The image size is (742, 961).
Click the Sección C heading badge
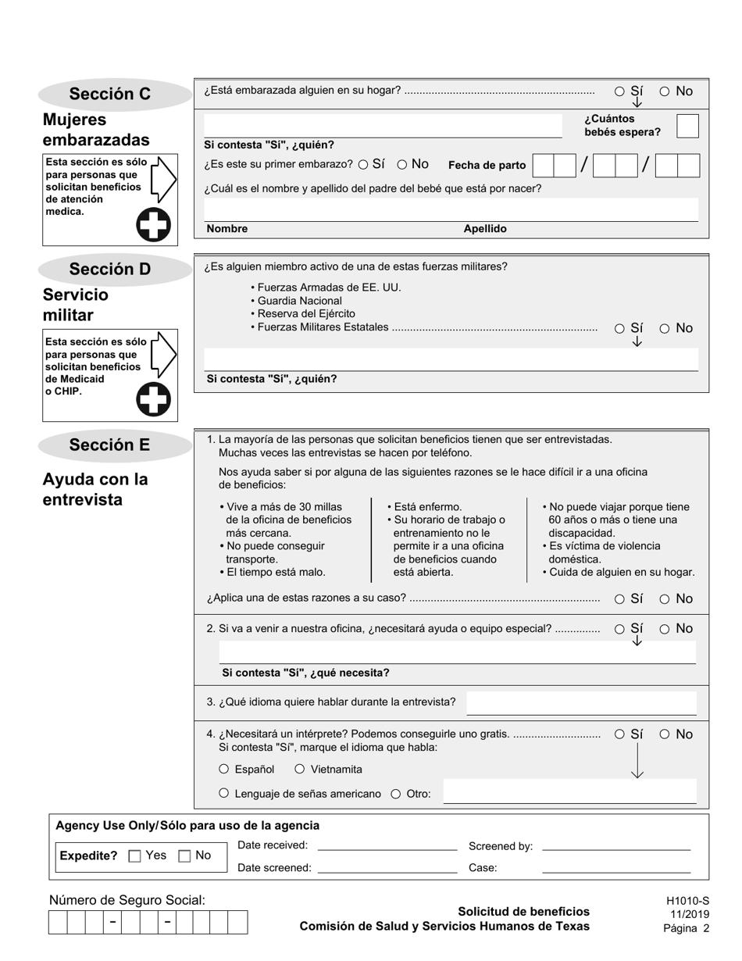(110, 95)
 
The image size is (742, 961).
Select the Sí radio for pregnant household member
(619, 91)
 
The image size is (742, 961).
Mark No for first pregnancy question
(402, 165)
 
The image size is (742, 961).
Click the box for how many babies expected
(687, 126)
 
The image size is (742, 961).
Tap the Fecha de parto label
(487, 166)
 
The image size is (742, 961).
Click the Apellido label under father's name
(485, 229)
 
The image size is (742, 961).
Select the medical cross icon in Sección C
(153, 225)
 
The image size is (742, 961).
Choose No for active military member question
(665, 329)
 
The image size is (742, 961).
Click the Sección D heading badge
(110, 270)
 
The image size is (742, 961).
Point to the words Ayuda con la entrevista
(95, 489)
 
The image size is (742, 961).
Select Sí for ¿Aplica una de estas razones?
(619, 599)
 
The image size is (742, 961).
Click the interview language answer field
(581, 702)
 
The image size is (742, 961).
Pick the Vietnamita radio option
(300, 770)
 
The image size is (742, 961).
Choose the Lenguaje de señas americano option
(224, 794)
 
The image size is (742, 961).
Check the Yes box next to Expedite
(134, 856)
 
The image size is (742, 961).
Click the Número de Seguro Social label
(127, 900)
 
